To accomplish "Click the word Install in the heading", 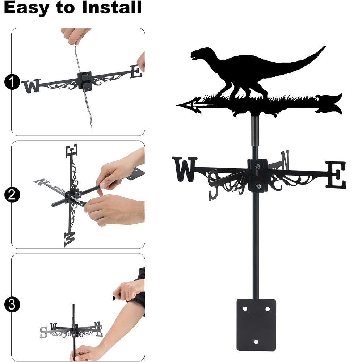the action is [111, 7].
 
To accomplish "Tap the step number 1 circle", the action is [12, 82].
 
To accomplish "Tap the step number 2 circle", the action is [12, 195].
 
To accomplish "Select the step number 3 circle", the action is [12, 304].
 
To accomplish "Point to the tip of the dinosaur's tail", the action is [325, 46].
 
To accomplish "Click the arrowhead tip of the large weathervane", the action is [177, 105].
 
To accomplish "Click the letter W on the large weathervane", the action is [185, 169].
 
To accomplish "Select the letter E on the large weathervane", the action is [336, 174].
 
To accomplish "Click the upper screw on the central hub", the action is [258, 166].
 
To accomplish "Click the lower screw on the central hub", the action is [258, 186].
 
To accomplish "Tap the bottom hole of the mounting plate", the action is [256, 342].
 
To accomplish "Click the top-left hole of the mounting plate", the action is [245, 309].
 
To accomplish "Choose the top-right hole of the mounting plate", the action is [268, 309].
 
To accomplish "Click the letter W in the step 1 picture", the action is [31, 86].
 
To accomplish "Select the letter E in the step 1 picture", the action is [136, 72].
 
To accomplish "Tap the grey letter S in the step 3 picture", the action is [43, 333].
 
